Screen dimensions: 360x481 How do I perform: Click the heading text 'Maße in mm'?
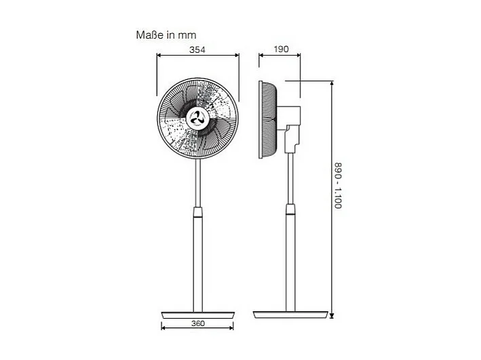pyautogui.click(x=166, y=34)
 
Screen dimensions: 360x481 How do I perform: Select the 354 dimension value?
pyautogui.click(x=197, y=49)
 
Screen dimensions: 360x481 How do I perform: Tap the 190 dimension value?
pyautogui.click(x=282, y=49)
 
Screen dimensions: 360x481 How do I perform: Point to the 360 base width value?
pyautogui.click(x=197, y=323)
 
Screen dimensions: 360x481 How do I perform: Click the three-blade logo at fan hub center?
pyautogui.click(x=198, y=118)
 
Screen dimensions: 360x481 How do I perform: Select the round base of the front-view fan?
pyautogui.click(x=198, y=314)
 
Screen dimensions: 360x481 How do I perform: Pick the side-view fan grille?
pyautogui.click(x=267, y=119)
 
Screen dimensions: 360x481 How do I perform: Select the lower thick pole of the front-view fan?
pyautogui.click(x=198, y=264)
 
